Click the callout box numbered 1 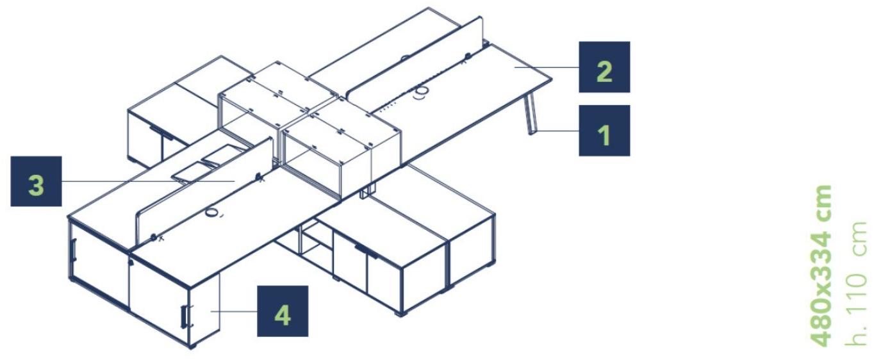pos(604,130)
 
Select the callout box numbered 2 pos(604,67)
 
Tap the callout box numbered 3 pos(36,181)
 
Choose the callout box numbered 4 pos(283,311)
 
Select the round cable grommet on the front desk pos(211,213)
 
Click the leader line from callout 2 pos(546,67)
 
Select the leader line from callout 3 pos(148,181)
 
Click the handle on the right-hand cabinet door pos(366,252)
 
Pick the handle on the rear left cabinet pos(161,133)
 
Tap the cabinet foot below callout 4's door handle pos(191,345)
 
